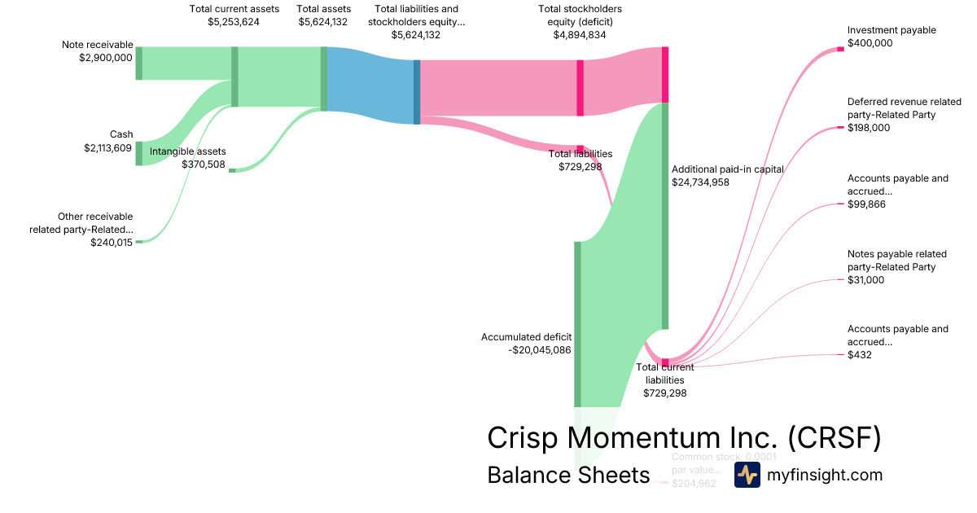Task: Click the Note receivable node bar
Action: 138,64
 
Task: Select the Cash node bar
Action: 138,153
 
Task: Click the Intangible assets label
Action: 188,151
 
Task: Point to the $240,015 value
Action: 112,243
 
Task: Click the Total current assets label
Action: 234,9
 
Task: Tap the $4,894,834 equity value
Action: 580,35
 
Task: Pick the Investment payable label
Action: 892,30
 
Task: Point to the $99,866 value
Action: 866,204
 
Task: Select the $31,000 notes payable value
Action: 865,280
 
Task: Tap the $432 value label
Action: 860,354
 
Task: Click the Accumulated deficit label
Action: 526,337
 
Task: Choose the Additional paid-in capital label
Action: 727,169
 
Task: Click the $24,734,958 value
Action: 700,182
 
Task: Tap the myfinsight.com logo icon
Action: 747,475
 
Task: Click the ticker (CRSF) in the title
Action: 835,438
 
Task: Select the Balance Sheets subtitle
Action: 568,475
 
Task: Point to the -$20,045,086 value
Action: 538,350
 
